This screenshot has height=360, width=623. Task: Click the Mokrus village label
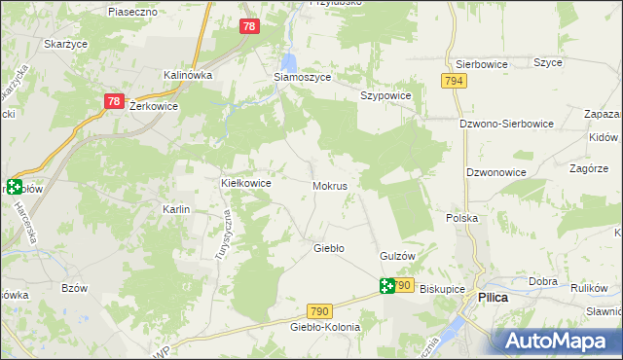(331, 185)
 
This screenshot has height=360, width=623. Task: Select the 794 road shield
(453, 82)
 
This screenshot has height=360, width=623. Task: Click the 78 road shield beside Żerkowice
(114, 101)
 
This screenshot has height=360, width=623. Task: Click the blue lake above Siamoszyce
(289, 60)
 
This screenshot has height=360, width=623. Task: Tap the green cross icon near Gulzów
(387, 285)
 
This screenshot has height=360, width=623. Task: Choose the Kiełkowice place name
(246, 183)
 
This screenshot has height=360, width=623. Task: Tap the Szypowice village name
(386, 96)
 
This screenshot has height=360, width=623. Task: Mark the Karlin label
(176, 209)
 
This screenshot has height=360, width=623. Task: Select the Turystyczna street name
(220, 236)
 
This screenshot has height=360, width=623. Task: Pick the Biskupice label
(438, 289)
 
